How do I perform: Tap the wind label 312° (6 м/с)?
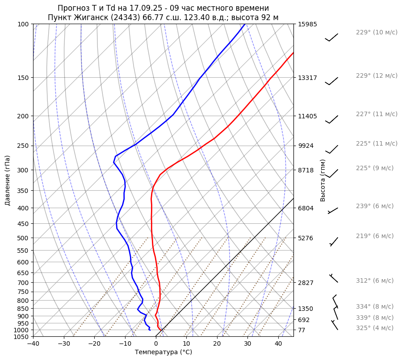(375, 280)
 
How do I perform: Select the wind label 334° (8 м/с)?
(375, 306)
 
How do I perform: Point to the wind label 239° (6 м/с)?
(375, 206)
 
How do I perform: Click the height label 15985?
(307, 24)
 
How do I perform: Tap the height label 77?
(301, 330)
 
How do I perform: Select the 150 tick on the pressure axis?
(23, 78)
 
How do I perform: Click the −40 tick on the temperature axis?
(33, 344)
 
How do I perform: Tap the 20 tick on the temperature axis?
(217, 344)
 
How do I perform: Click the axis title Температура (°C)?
(163, 352)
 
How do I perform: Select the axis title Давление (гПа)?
(7, 180)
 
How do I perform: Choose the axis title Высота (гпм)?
(323, 180)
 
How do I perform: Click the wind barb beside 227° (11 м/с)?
(332, 119)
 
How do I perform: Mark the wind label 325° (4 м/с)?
(375, 328)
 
